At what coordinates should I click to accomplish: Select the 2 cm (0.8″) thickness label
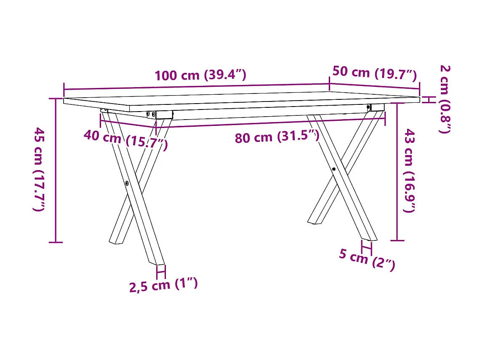pyautogui.click(x=445, y=99)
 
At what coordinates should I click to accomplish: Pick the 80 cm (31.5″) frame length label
pyautogui.click(x=277, y=137)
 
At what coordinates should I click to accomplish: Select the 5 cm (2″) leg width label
pyautogui.click(x=367, y=259)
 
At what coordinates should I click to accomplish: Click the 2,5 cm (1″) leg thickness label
pyautogui.click(x=163, y=285)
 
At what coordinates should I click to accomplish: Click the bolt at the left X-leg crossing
pyautogui.click(x=127, y=183)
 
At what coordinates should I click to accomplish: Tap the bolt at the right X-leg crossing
pyautogui.click(x=333, y=169)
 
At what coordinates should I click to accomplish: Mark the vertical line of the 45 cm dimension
pyautogui.click(x=56, y=170)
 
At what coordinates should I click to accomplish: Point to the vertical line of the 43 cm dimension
pyautogui.click(x=397, y=172)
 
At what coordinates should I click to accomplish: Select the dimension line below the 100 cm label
pyautogui.click(x=196, y=87)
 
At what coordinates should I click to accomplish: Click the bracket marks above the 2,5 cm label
pyautogui.click(x=161, y=272)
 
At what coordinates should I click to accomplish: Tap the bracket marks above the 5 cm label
pyautogui.click(x=366, y=247)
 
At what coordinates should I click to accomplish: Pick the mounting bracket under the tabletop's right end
pyautogui.click(x=377, y=108)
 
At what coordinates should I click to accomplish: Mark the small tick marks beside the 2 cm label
pyautogui.click(x=428, y=99)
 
